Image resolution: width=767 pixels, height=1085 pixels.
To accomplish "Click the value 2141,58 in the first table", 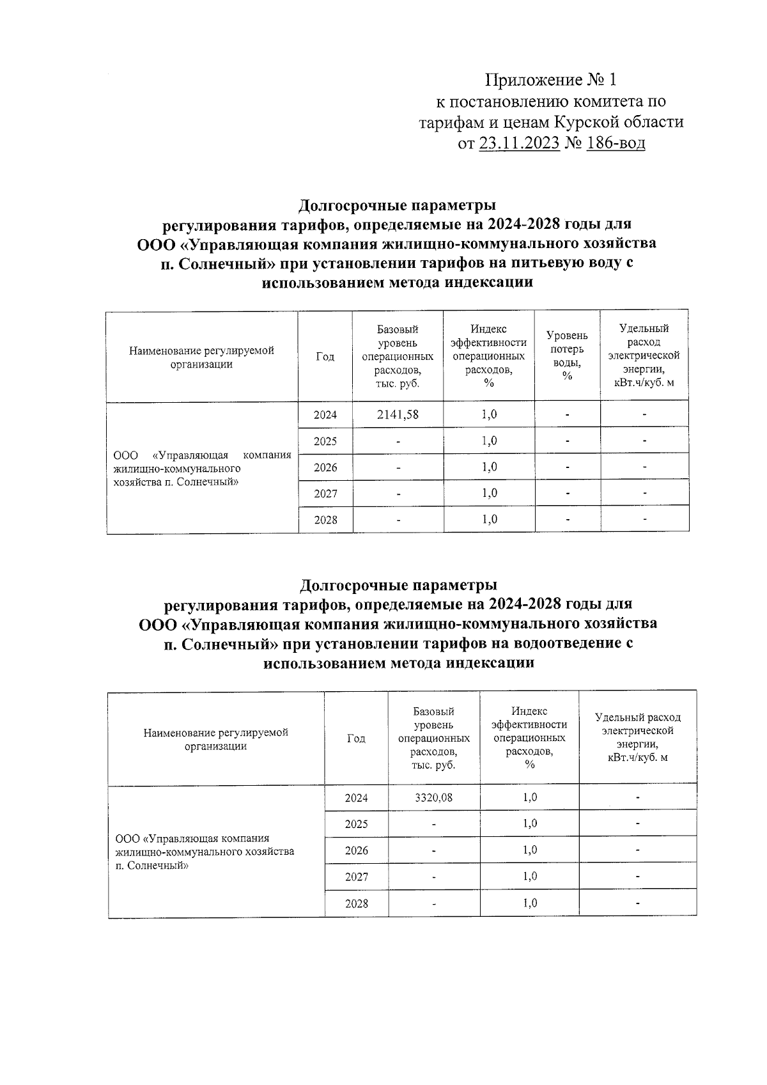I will tap(398, 414).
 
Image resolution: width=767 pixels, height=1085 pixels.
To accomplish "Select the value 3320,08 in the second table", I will tap(433, 797).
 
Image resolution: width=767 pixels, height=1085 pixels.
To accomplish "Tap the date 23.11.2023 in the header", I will tap(519, 143).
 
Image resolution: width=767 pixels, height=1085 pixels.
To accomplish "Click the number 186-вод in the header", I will tap(616, 143).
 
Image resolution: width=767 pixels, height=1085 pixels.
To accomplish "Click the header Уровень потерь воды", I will tap(567, 355).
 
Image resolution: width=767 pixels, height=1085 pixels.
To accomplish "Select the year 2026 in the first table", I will tap(325, 467).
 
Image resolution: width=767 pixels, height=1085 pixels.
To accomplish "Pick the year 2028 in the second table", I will tap(356, 903).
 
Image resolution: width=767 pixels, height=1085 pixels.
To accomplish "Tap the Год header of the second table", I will tap(356, 738).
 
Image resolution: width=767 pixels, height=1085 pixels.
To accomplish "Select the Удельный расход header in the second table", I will tap(637, 737).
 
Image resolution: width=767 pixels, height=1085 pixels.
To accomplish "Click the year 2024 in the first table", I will tap(325, 414).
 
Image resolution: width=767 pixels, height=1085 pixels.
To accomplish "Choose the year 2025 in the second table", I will tap(356, 824).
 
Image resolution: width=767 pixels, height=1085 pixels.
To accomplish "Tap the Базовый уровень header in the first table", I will tap(398, 356).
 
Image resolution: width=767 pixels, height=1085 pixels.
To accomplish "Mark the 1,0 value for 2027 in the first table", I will tap(489, 493).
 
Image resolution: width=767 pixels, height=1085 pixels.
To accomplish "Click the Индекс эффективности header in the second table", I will tap(529, 737).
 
